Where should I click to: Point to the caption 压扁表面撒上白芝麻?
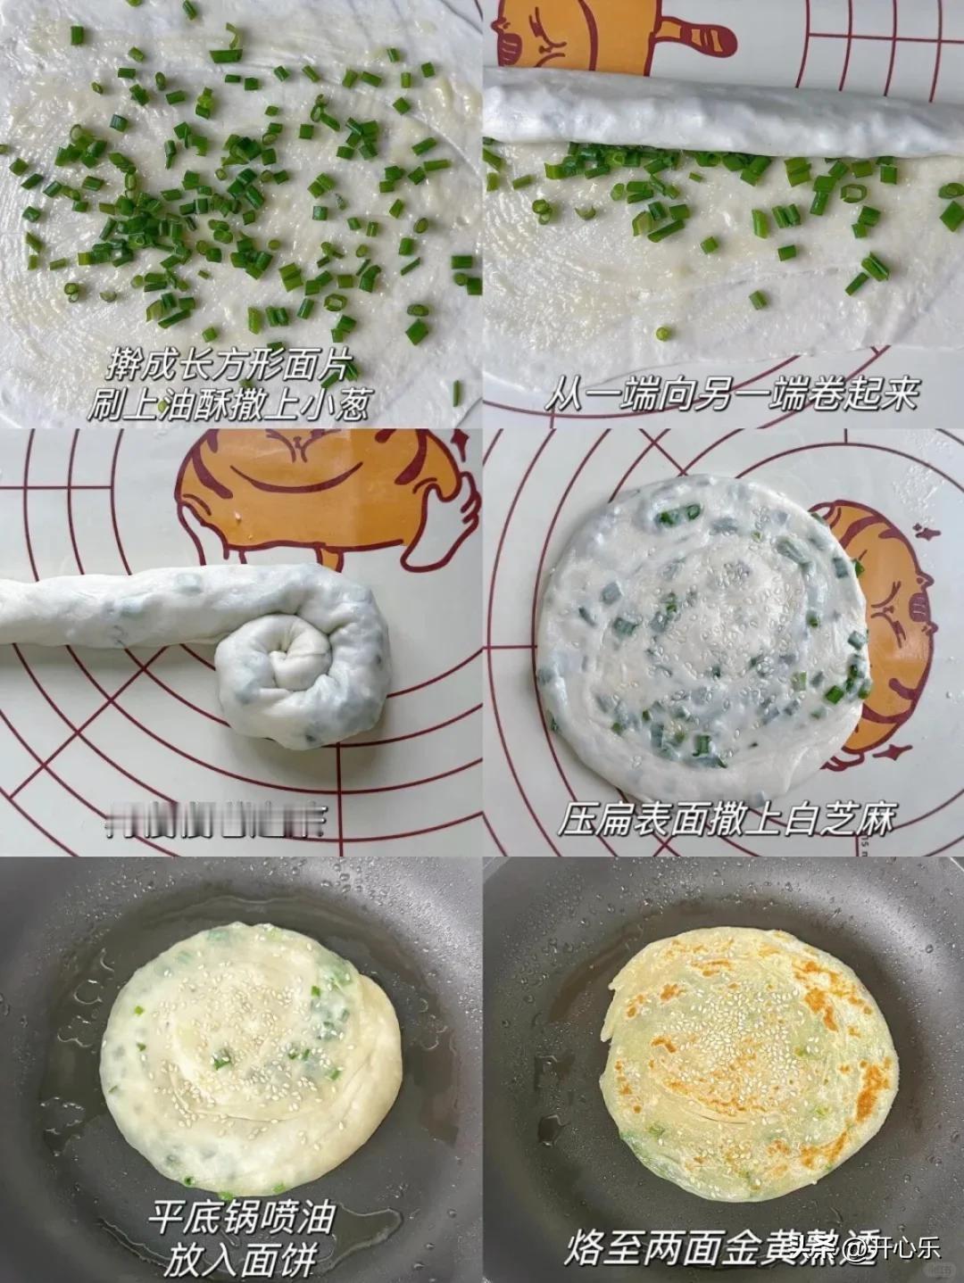pos(725,818)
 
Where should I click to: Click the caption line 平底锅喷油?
pos(242,1216)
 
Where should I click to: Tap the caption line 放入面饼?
pos(241,1259)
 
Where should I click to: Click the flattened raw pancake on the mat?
pos(701,638)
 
